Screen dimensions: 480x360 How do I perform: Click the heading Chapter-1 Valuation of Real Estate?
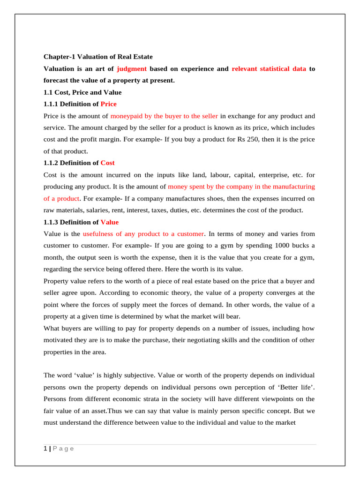(98, 57)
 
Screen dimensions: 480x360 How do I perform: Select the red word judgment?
(132, 68)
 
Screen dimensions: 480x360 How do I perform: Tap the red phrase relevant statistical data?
(269, 68)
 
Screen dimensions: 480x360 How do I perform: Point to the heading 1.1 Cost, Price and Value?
(82, 92)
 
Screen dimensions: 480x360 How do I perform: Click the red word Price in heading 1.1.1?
(109, 104)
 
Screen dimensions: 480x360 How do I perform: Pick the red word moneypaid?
(124, 116)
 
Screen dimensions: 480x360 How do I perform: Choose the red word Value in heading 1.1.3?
(109, 222)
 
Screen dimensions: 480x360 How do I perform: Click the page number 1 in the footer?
(45, 449)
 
